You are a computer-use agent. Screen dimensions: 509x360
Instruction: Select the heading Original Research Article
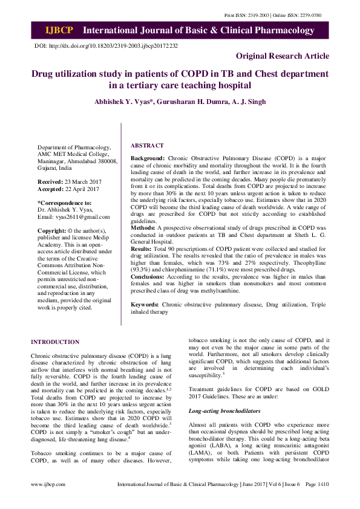pos(283,56)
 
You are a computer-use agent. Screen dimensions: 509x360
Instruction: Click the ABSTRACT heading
pos(147,146)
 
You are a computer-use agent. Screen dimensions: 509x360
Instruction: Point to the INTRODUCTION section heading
pos(55,342)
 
